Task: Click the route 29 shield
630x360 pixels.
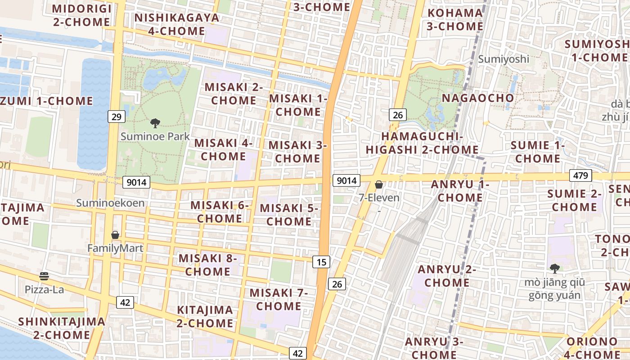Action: (116, 117)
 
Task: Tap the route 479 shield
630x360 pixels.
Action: (580, 175)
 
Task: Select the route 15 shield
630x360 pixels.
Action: (321, 261)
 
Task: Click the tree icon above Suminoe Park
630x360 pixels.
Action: (155, 122)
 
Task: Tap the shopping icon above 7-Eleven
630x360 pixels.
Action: (379, 184)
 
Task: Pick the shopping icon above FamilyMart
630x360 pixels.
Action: (115, 235)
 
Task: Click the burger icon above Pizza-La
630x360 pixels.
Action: (44, 276)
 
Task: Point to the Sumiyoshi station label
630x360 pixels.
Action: (504, 59)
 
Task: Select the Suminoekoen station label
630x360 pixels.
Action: (110, 203)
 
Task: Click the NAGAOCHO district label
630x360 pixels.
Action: (478, 98)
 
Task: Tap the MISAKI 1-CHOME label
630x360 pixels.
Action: (298, 105)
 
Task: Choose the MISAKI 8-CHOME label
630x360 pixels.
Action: (208, 265)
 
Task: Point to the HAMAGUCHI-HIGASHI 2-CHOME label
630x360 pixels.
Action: (422, 143)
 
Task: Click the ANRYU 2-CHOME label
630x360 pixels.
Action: (447, 276)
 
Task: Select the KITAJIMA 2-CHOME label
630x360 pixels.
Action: (205, 316)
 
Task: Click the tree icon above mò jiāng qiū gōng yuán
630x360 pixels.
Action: (554, 269)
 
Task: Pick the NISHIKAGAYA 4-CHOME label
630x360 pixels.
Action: (177, 24)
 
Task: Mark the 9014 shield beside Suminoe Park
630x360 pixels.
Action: (136, 182)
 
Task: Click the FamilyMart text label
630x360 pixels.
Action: (115, 248)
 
